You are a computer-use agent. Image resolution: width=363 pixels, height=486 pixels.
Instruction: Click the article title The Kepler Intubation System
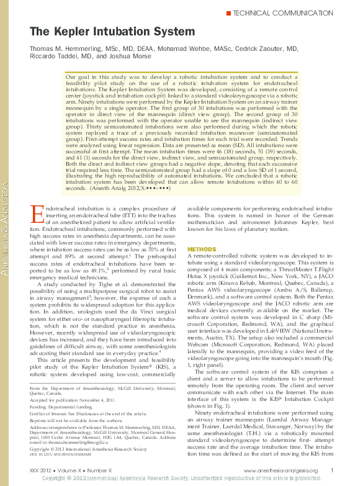[x=101, y=31]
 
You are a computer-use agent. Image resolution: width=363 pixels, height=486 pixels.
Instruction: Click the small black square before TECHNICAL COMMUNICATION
[x=231, y=12]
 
